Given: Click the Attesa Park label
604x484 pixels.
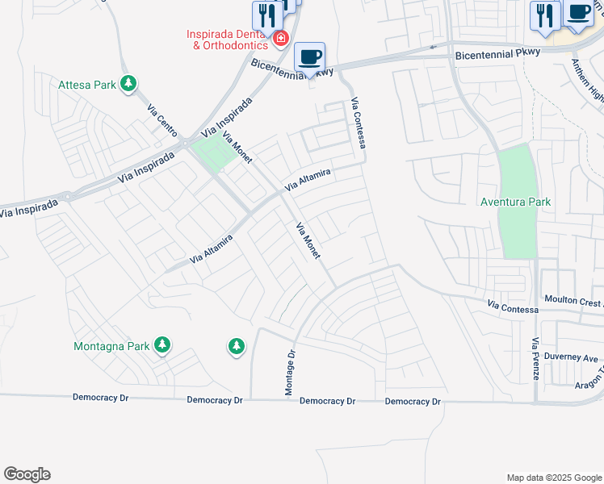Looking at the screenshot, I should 88,84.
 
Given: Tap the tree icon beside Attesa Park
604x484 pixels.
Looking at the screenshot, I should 128,83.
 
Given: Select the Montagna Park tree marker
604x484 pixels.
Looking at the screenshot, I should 162,345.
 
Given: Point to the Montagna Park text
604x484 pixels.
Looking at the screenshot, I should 111,346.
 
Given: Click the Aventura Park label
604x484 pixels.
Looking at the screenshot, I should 515,202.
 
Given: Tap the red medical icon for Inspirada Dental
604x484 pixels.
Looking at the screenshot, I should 281,39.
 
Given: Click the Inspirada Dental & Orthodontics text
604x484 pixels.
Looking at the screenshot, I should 226,40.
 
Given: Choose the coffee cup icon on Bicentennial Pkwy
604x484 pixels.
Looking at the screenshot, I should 309,57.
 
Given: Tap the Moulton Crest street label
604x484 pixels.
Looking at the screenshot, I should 573,302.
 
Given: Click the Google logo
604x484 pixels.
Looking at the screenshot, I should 27,474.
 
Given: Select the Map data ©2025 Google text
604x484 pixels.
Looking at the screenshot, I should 553,478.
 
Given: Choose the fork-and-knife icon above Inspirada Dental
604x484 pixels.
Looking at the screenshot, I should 264,14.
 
